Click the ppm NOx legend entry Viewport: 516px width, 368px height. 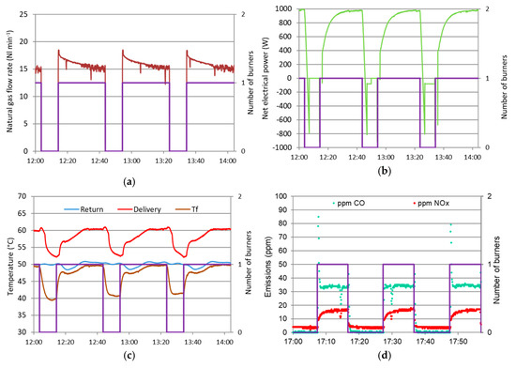[x=428, y=202]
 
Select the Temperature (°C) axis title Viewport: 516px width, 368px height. [x=8, y=263]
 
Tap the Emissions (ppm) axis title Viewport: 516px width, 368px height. [x=267, y=263]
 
